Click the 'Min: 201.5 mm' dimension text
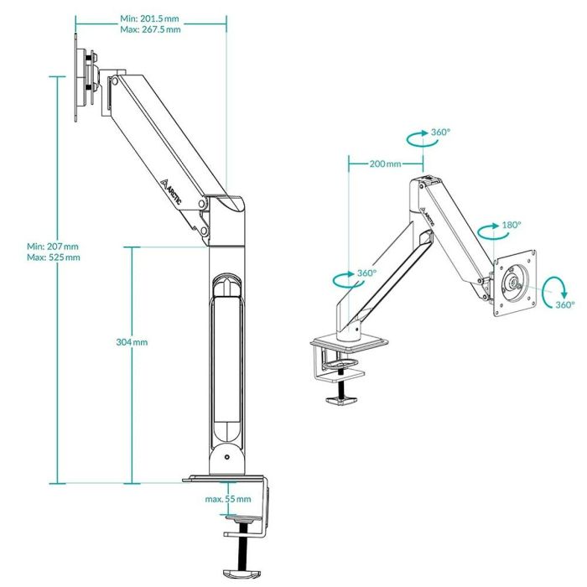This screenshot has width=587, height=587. tap(149, 18)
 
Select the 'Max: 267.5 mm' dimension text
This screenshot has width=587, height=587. tap(149, 29)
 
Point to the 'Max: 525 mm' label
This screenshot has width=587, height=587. tap(53, 257)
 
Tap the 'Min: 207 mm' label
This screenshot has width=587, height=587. tap(52, 246)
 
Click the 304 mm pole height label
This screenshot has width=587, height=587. tap(132, 342)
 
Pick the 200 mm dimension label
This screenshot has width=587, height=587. tap(385, 164)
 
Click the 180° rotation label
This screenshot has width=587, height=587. tap(511, 225)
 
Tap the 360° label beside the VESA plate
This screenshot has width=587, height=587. tap(565, 304)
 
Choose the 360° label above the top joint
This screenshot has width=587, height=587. tap(440, 132)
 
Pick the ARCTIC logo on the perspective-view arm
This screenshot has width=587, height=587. tap(427, 214)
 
